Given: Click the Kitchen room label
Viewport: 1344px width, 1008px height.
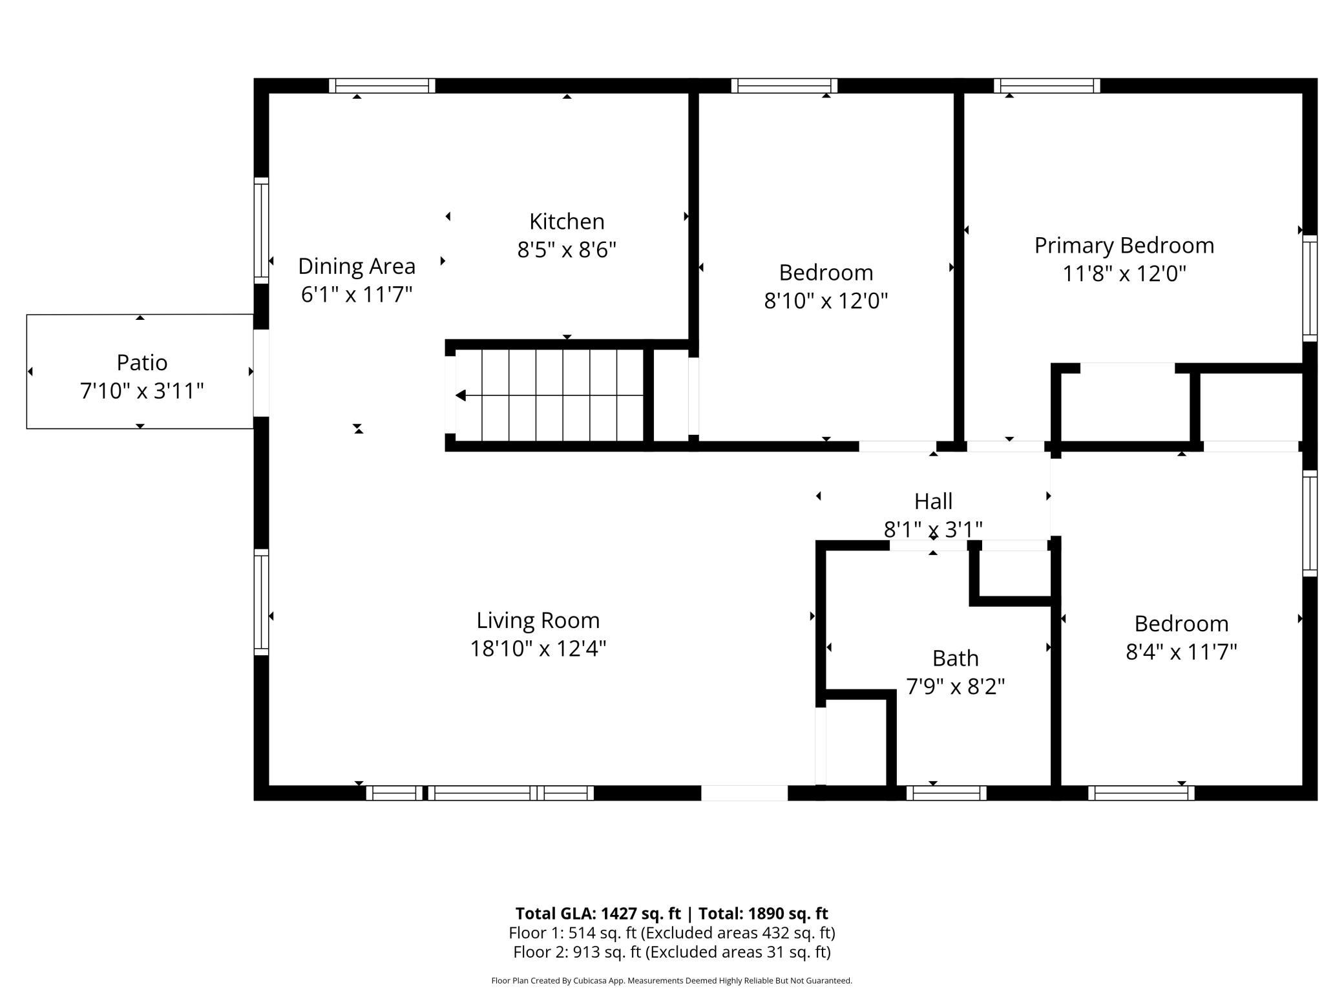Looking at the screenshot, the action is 567,222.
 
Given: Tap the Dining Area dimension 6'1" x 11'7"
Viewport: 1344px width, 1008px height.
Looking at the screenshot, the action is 357,295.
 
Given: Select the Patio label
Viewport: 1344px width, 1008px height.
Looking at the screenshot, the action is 142,362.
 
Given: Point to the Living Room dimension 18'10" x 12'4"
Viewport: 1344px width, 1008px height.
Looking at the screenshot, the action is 538,648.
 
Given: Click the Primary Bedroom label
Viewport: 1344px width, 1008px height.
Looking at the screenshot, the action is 1124,246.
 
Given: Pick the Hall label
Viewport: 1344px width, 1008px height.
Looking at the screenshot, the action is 933,501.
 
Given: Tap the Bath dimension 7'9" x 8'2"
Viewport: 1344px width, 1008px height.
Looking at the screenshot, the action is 956,686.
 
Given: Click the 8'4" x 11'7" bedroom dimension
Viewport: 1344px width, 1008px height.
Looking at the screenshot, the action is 1181,652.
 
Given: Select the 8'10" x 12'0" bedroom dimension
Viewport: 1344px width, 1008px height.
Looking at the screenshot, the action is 826,300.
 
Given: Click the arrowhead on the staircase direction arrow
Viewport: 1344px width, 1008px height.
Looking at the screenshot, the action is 461,395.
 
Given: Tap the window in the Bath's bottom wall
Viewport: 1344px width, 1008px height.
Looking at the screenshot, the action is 947,793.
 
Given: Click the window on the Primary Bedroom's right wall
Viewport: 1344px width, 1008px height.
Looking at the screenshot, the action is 1310,288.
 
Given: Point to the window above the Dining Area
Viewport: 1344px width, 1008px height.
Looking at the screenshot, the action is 382,86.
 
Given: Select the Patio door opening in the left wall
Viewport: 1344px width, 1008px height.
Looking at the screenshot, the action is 261,373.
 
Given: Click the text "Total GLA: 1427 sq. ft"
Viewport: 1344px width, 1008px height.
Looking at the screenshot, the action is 598,914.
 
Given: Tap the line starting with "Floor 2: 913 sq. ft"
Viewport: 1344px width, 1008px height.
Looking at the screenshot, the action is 672,952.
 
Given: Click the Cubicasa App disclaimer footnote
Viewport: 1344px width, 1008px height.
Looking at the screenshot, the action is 672,981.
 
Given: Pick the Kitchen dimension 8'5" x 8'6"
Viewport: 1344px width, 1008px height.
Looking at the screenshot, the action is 567,249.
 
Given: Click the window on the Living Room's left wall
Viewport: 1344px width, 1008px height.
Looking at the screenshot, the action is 261,602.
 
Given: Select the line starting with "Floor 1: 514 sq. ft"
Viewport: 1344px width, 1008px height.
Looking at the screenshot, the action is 672,933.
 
